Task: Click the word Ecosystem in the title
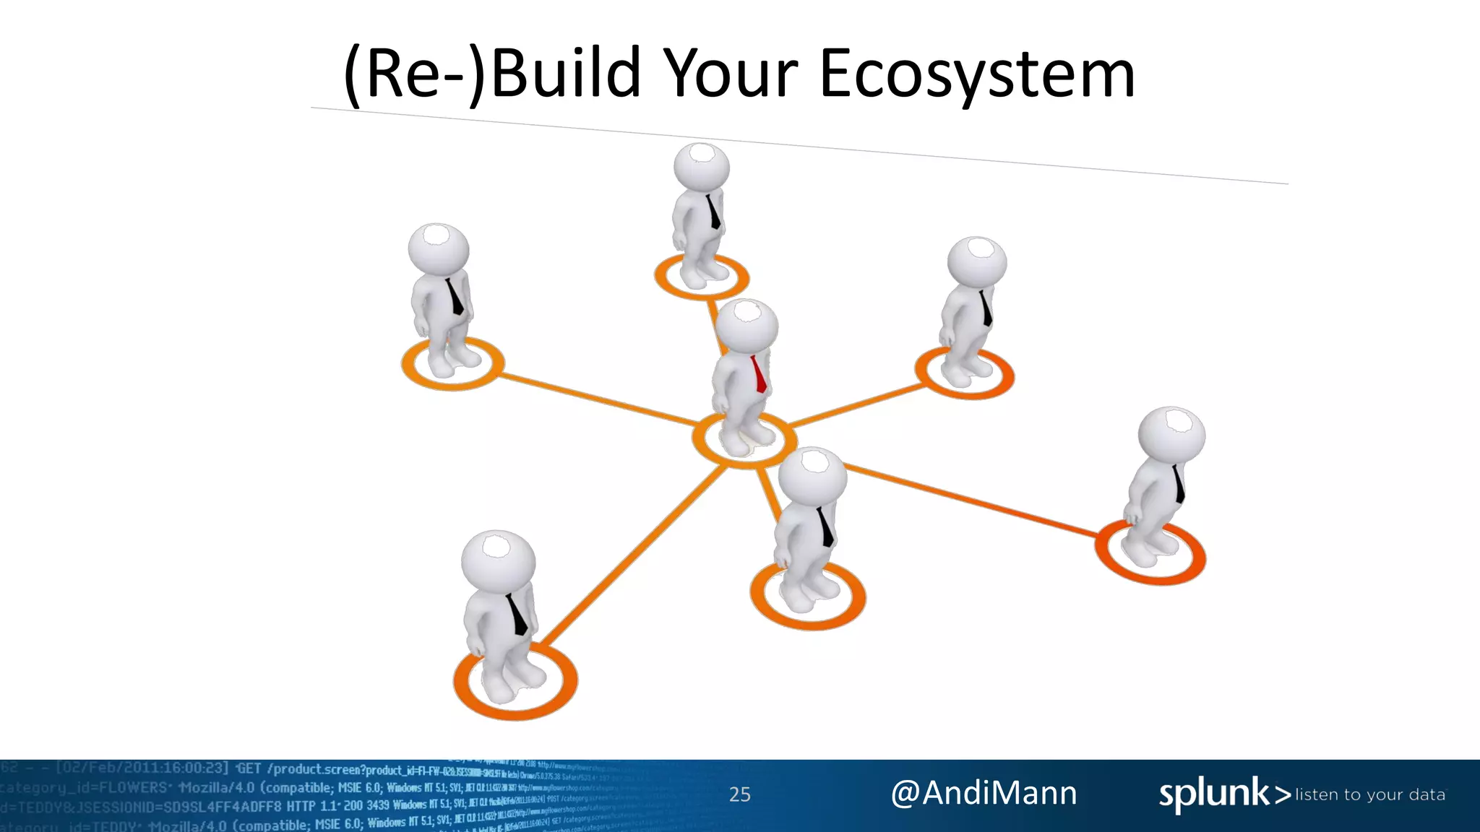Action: tap(977, 74)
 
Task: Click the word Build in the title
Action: tap(565, 74)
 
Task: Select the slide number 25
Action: tap(739, 794)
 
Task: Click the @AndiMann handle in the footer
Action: tap(984, 793)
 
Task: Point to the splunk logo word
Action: tap(1214, 794)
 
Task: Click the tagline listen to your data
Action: tap(1370, 794)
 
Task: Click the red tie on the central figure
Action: tap(758, 374)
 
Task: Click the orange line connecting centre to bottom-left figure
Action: tap(636, 556)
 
